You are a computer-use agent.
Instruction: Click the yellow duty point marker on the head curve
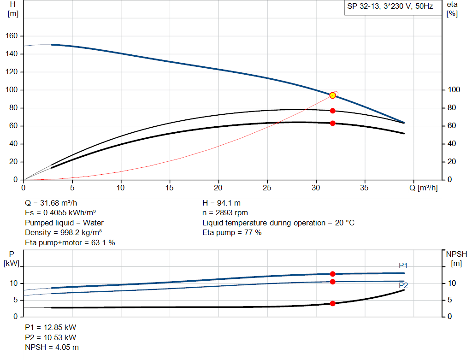click(x=332, y=95)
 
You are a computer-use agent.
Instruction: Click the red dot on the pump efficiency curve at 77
click(x=332, y=111)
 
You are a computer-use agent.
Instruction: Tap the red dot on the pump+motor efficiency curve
click(x=332, y=123)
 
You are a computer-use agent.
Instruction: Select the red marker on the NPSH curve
click(x=332, y=303)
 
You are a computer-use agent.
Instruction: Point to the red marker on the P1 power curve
click(x=332, y=274)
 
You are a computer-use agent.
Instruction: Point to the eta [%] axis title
click(x=452, y=9)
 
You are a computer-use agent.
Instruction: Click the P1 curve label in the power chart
click(x=403, y=266)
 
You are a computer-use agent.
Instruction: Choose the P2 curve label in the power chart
click(x=403, y=286)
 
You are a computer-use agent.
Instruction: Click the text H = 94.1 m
click(x=221, y=203)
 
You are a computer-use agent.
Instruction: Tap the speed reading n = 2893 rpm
click(x=225, y=213)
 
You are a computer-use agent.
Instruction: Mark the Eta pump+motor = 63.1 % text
click(x=70, y=242)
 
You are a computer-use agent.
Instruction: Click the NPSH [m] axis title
click(x=456, y=259)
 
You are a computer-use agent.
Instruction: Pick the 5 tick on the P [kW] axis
click(x=15, y=300)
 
